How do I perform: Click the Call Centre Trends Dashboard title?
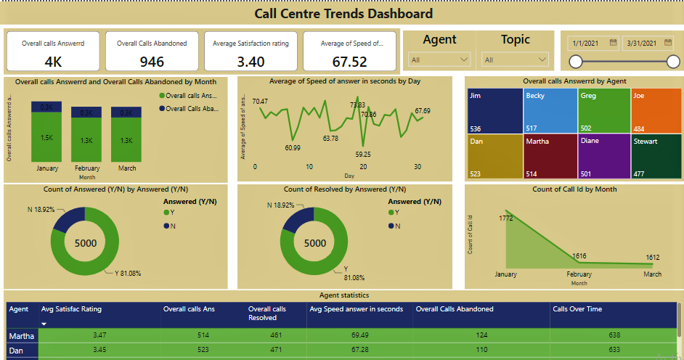(x=343, y=13)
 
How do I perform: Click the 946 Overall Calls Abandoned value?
(x=152, y=62)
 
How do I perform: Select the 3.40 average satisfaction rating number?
(x=251, y=62)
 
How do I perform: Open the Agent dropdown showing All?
(x=440, y=60)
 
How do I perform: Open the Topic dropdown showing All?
(x=516, y=60)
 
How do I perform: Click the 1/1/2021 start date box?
(x=594, y=43)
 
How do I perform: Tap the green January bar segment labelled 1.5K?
(x=46, y=138)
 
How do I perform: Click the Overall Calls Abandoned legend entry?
(x=190, y=109)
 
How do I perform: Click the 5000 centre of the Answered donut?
(x=85, y=243)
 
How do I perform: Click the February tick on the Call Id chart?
(x=579, y=274)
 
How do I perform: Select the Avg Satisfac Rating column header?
(x=71, y=309)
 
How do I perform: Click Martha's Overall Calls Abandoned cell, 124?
(x=481, y=335)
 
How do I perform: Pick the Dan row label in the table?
(x=16, y=350)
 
